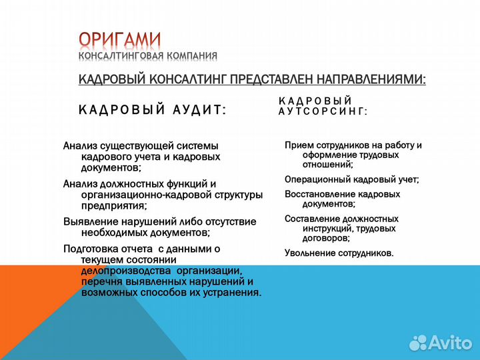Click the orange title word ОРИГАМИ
click(x=120, y=40)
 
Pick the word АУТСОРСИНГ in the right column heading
click(x=323, y=112)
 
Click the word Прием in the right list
click(x=298, y=145)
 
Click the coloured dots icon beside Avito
click(x=419, y=341)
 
